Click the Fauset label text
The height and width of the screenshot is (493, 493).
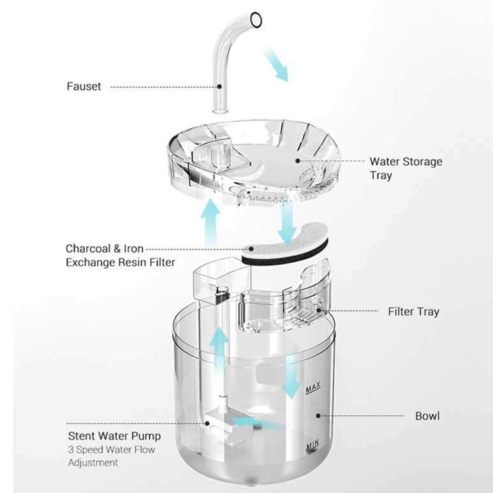point(84,86)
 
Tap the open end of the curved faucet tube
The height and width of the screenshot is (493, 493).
point(256,20)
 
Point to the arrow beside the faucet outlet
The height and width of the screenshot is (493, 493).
point(277,65)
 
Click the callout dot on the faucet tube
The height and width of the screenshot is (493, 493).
point(219,86)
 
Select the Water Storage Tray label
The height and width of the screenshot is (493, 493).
point(406,168)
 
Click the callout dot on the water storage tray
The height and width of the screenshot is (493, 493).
point(297,161)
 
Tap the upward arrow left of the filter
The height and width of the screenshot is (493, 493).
point(210,222)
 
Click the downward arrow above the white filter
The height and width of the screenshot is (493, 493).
point(288,224)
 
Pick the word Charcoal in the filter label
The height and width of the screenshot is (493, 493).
point(88,248)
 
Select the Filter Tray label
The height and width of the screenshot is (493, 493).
point(413,312)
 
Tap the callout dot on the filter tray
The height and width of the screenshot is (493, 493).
point(318,311)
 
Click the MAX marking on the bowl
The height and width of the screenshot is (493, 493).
point(313,388)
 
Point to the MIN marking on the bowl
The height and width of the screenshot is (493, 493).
point(313,445)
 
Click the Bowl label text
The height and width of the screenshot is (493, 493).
point(427,416)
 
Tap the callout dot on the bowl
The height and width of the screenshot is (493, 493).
point(318,416)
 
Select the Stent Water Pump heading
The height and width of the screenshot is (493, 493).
point(114,436)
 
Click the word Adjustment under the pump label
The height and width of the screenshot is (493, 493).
point(93,462)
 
